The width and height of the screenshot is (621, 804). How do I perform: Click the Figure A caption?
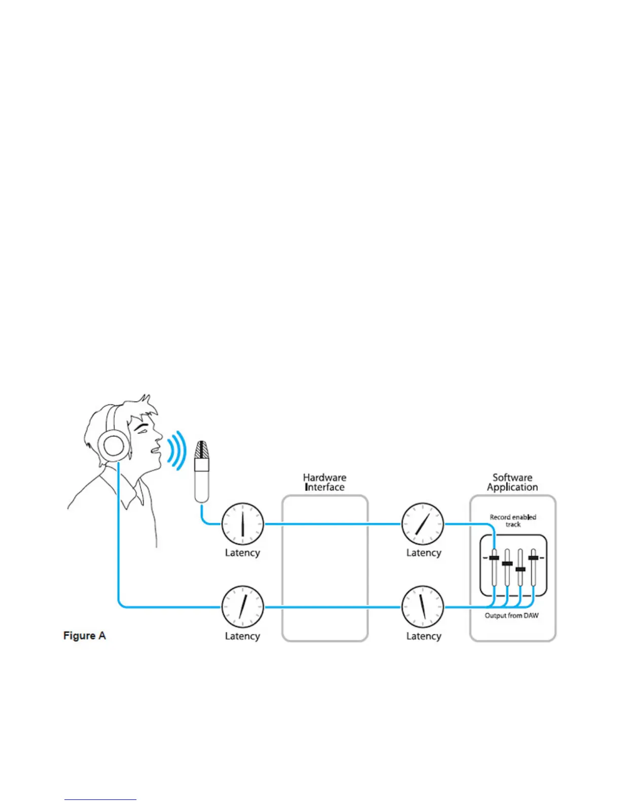point(84,635)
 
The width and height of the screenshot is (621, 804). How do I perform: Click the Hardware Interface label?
point(325,482)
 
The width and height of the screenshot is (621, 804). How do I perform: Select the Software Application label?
point(512,482)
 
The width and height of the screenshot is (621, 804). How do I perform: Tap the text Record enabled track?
point(513,520)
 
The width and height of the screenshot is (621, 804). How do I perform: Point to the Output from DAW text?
point(512,616)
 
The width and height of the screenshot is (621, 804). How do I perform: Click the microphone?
point(202,472)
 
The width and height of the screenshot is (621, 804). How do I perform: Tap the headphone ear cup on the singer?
point(113,446)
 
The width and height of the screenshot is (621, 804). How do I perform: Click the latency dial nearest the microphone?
point(243,524)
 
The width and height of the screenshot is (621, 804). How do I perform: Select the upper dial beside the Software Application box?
point(423,524)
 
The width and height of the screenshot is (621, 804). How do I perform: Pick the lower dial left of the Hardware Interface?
point(243,607)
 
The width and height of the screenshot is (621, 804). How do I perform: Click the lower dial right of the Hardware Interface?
point(423,607)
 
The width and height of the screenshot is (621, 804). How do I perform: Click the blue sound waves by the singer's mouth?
point(178,450)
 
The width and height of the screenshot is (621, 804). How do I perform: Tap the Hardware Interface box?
point(325,568)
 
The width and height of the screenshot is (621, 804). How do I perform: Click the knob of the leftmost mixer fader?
point(494,558)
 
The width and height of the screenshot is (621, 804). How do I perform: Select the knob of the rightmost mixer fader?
point(533,558)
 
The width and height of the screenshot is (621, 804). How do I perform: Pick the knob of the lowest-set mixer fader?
point(520,569)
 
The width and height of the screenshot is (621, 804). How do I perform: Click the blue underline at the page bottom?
point(100,799)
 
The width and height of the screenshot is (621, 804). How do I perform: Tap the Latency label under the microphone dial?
point(243,553)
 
